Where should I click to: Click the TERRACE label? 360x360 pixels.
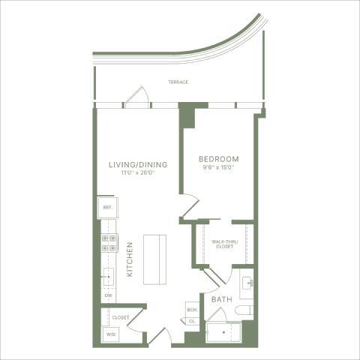pos(178,82)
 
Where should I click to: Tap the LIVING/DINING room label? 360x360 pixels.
pos(137,164)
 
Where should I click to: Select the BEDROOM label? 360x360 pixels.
pos(218,159)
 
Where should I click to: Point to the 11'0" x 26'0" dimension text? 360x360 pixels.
pos(137,173)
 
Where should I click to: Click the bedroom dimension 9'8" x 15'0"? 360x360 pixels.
pos(218,168)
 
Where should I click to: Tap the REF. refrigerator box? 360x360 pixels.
pos(106,207)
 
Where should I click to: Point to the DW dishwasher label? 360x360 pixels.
pos(108,297)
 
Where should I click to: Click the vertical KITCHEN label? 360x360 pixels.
pos(129,259)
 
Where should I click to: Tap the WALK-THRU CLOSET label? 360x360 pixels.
pos(224,244)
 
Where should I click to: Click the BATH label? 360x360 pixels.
pos(221,299)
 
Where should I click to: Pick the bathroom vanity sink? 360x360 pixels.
pos(248,283)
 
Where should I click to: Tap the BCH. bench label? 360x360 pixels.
pos(191,309)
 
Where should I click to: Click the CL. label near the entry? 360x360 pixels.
pos(191,320)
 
